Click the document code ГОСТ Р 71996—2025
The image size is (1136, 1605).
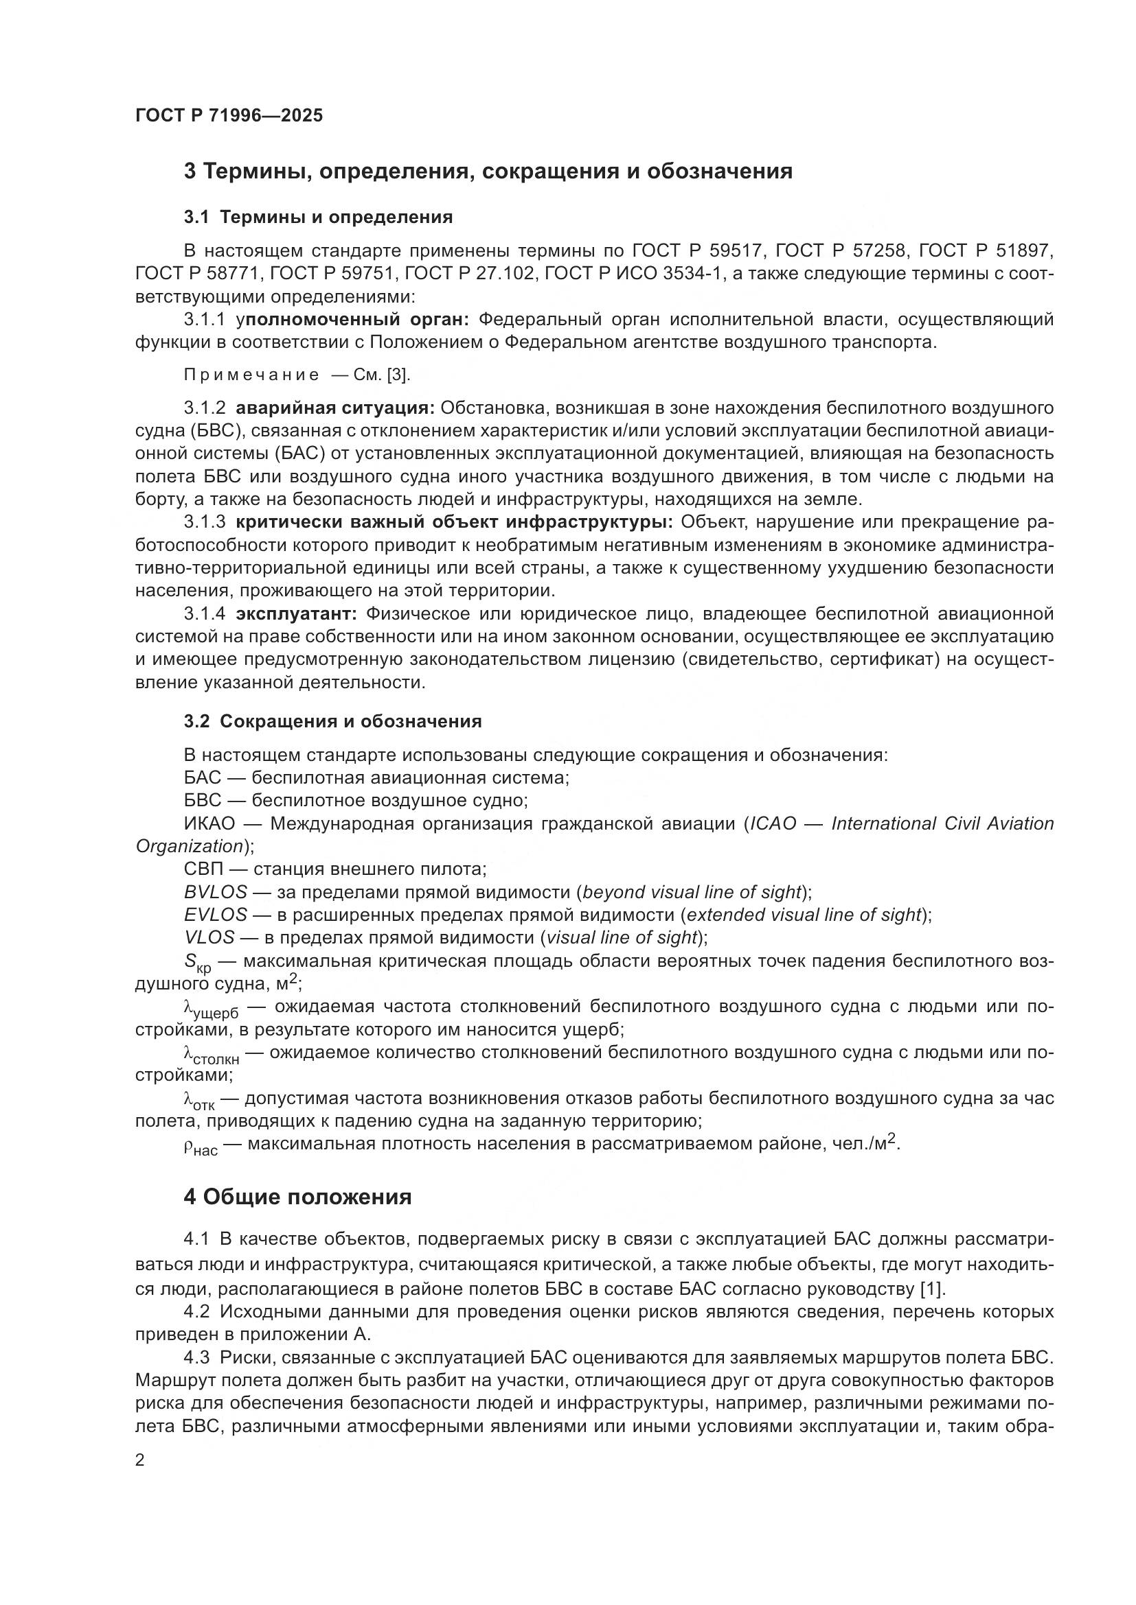click(x=229, y=115)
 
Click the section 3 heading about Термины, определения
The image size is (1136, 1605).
click(x=488, y=172)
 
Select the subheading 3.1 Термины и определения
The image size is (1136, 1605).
click(x=318, y=217)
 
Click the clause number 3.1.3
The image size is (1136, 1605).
click(x=205, y=522)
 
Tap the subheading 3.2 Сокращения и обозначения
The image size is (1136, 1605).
click(x=333, y=721)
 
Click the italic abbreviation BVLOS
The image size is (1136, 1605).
click(x=216, y=892)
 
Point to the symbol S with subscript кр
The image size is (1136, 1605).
click(x=196, y=963)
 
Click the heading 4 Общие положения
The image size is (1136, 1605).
click(x=297, y=1197)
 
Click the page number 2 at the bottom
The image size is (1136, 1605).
click(x=140, y=1460)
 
